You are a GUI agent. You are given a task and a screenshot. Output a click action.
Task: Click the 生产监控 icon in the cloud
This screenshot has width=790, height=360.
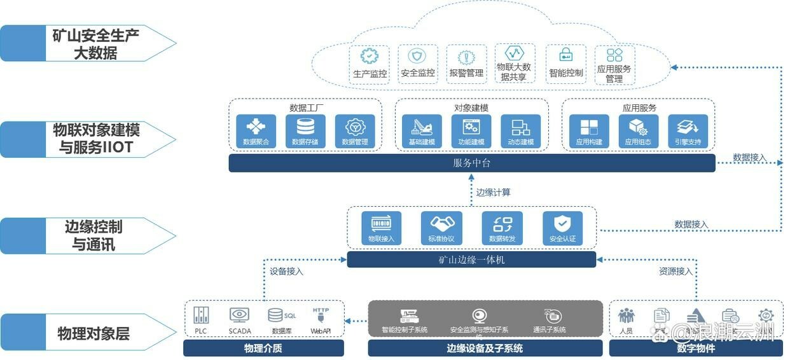370,57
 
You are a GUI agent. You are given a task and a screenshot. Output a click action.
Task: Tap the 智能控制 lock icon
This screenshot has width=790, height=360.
565,55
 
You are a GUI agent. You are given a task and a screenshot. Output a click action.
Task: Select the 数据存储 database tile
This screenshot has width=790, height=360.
305,130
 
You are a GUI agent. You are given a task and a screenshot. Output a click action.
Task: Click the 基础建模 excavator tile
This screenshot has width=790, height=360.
422,130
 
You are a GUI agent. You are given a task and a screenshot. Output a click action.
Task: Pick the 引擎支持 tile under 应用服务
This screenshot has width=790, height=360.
688,130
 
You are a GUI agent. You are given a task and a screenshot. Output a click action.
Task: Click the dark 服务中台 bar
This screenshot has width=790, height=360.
471,163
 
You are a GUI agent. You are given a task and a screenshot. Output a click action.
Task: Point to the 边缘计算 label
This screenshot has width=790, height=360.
493,191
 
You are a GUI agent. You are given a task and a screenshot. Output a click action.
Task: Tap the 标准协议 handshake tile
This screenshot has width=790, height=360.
441,228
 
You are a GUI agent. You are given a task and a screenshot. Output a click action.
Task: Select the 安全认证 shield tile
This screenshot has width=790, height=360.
562,228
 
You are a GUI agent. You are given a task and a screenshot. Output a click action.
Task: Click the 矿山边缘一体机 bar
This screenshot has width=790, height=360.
471,260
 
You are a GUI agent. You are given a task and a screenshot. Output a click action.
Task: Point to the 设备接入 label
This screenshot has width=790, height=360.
286,272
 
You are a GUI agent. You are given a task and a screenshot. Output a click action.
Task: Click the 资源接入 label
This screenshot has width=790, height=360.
675,272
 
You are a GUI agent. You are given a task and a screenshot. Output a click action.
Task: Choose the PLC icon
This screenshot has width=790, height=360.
201,316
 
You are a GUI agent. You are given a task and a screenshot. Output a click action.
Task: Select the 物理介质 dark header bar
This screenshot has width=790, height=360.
263,348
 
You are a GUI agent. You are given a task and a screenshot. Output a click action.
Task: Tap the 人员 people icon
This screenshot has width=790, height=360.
627,316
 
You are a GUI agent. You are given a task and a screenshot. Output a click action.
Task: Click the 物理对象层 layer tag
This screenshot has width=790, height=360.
92,333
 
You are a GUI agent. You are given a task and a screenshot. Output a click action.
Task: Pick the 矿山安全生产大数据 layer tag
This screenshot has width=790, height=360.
92,43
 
